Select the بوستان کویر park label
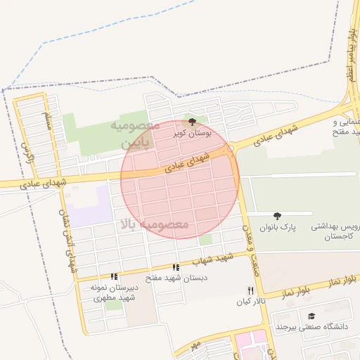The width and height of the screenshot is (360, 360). point(192,132)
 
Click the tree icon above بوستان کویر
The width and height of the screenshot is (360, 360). point(193,122)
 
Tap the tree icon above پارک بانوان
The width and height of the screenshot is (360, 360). point(277,216)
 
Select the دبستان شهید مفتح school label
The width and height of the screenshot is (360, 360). point(176,278)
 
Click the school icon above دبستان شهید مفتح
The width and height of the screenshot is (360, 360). point(176,267)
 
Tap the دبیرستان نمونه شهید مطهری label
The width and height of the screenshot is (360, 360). point(114,292)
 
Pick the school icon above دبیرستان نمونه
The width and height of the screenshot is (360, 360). point(114,276)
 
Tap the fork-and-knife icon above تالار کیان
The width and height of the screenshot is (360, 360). point(250,290)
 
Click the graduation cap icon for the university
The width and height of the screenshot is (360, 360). point(312,316)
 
